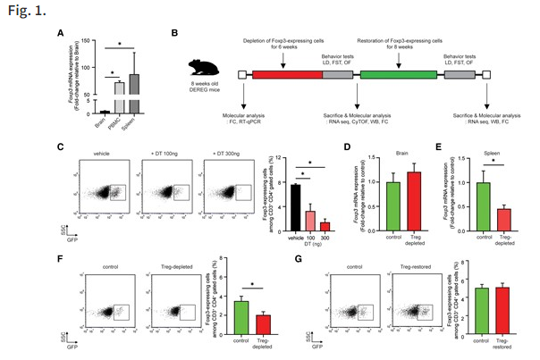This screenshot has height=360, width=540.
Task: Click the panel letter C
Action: [59, 145]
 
